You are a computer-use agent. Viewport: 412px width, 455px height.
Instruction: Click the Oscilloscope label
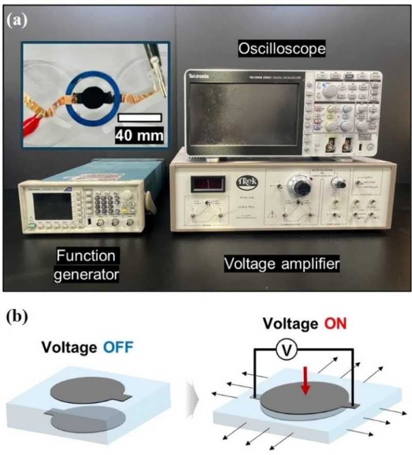coord(282,50)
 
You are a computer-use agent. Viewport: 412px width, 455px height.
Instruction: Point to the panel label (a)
coord(18,21)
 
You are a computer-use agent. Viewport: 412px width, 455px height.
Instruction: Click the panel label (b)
coord(18,315)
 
